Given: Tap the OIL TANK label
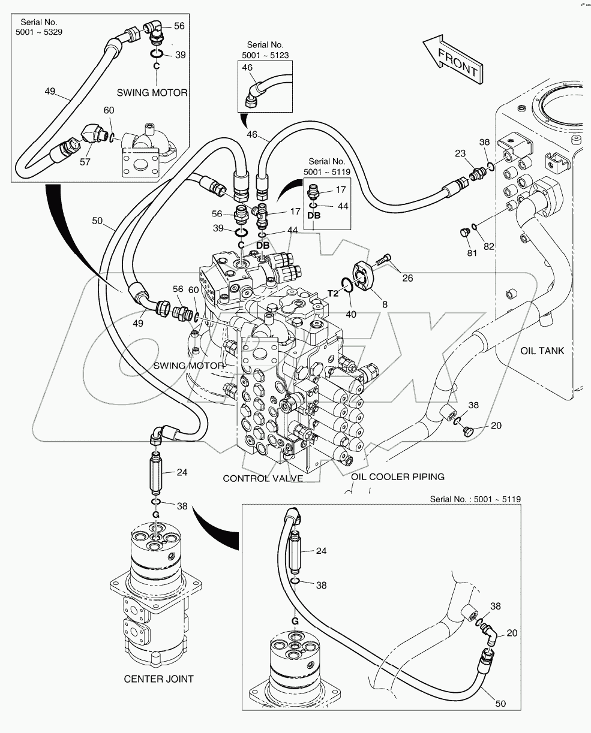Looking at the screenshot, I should click(542, 351).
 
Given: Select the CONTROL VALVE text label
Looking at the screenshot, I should click(262, 478).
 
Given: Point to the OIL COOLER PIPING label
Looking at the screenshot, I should click(398, 476).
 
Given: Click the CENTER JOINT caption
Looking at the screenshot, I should click(158, 678).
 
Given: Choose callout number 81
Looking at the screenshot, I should click(472, 253).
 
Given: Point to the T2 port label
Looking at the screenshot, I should click(334, 294).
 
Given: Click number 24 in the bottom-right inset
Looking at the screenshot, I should click(322, 551).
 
